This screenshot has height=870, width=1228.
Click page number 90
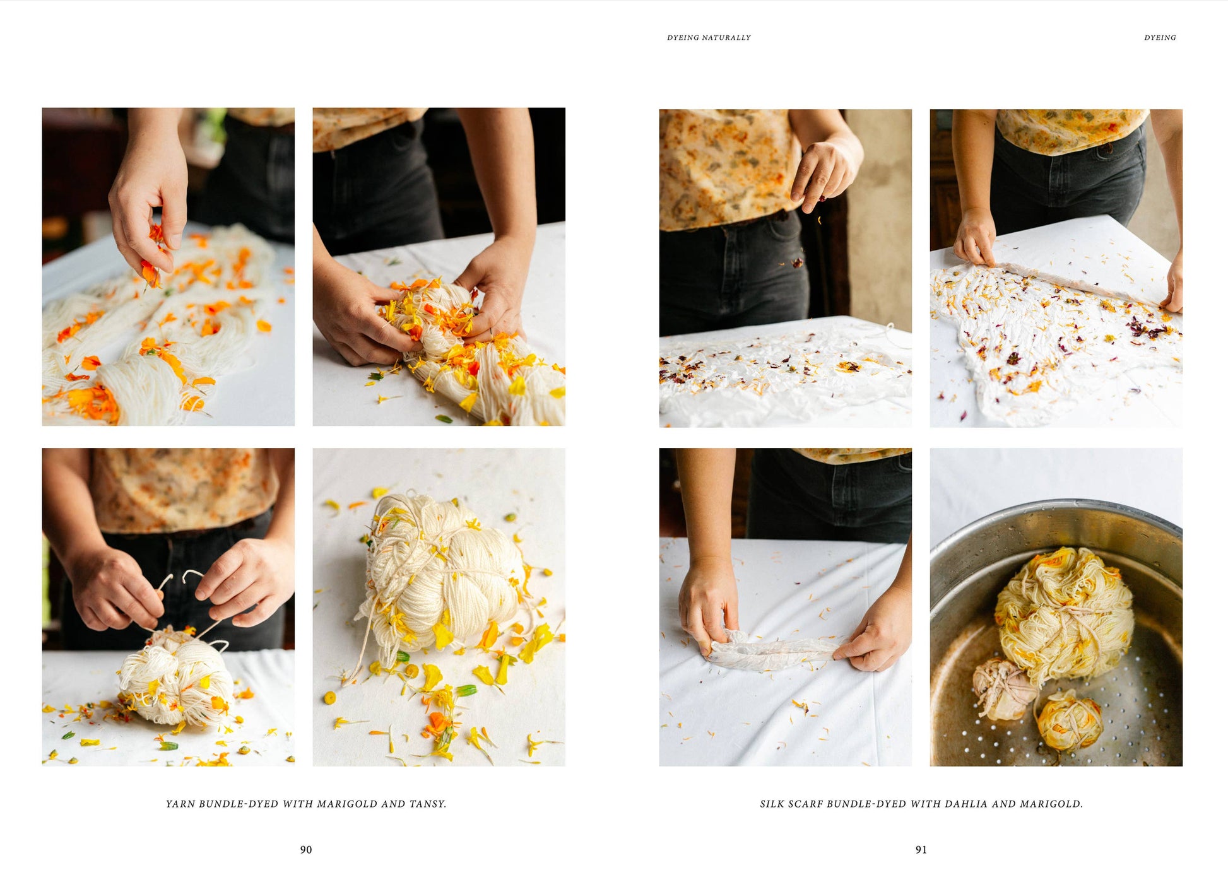(x=306, y=850)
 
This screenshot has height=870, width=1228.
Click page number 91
(x=921, y=850)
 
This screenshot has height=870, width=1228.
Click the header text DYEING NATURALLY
(x=709, y=38)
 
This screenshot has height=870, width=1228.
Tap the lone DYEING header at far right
(x=1160, y=38)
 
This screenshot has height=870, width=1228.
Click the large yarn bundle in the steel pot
(x=1063, y=615)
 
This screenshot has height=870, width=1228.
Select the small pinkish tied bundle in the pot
(x=1003, y=689)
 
